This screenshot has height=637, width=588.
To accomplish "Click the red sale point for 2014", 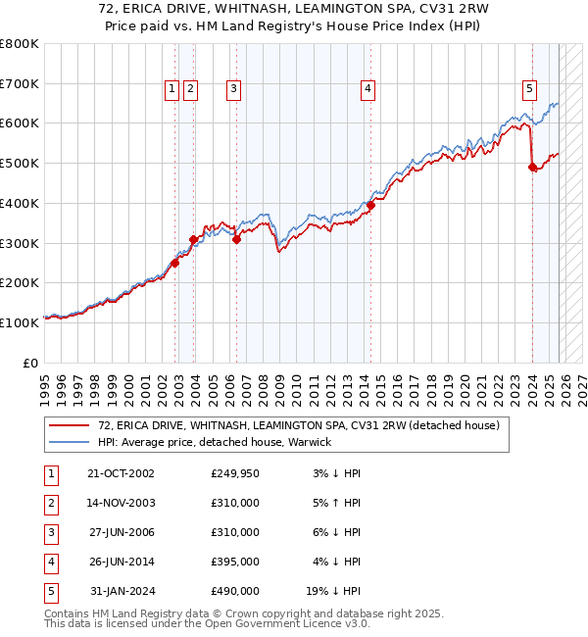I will pos(371,205).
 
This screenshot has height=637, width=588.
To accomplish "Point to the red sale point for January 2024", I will pos(532,168).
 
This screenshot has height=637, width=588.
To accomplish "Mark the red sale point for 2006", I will pos(237,238).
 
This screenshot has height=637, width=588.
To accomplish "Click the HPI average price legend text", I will pos(215,442).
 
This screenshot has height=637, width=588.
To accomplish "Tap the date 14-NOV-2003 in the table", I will pos(122,503).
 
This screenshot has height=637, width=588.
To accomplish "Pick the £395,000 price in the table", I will pos(234,562).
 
